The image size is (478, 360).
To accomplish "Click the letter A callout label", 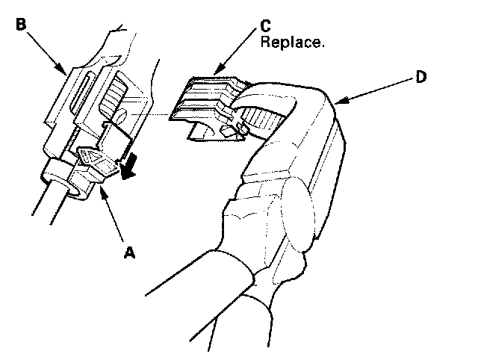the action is tap(129, 253).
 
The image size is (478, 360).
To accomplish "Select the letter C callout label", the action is tap(266, 25).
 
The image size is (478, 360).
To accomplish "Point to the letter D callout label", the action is tap(421, 78).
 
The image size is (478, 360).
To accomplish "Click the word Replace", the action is tap(292, 43).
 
